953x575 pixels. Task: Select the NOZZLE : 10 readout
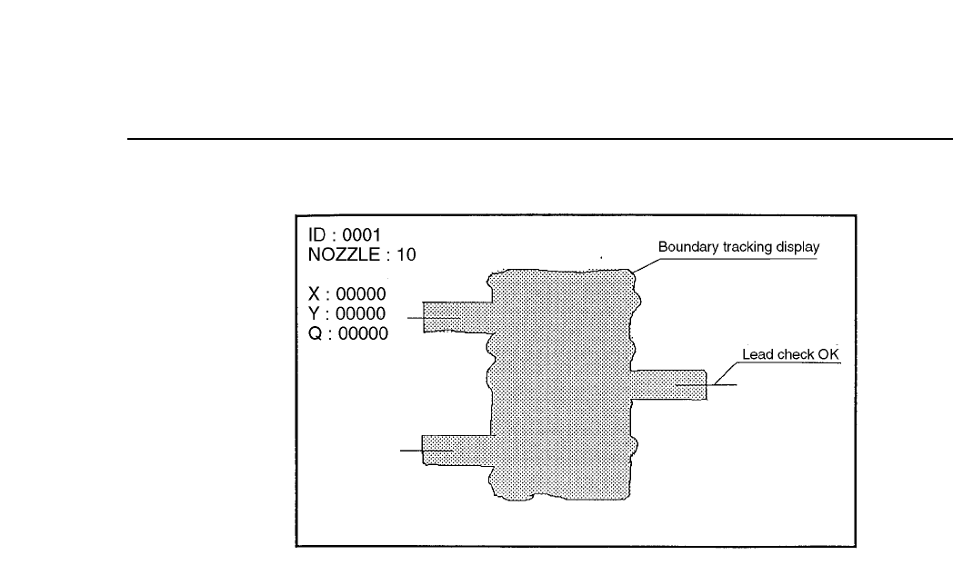click(362, 254)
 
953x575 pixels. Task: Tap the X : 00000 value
click(348, 293)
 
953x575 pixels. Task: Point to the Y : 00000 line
click(348, 313)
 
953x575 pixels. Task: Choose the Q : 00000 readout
click(348, 333)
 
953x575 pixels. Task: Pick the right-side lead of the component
click(668, 384)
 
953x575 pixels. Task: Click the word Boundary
click(688, 247)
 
